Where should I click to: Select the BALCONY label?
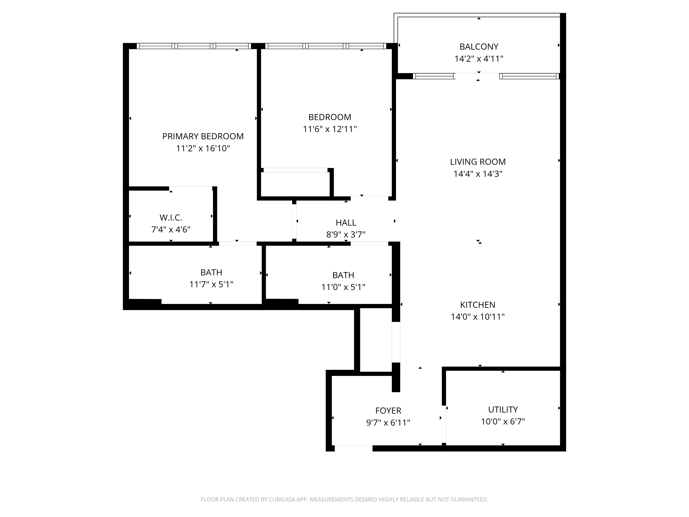[x=479, y=47]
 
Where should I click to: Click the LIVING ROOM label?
[x=477, y=162]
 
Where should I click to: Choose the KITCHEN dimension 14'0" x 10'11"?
[x=477, y=317]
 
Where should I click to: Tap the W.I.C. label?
[x=171, y=217]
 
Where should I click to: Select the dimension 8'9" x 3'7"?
[x=346, y=234]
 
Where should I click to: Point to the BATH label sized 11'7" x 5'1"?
[x=211, y=272]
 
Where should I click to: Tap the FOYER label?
[x=388, y=411]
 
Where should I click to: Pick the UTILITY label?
[x=503, y=409]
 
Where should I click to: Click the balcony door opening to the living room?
[x=477, y=76]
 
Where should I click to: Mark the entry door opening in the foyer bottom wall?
[x=353, y=448]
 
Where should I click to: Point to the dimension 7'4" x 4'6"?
[x=171, y=230]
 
